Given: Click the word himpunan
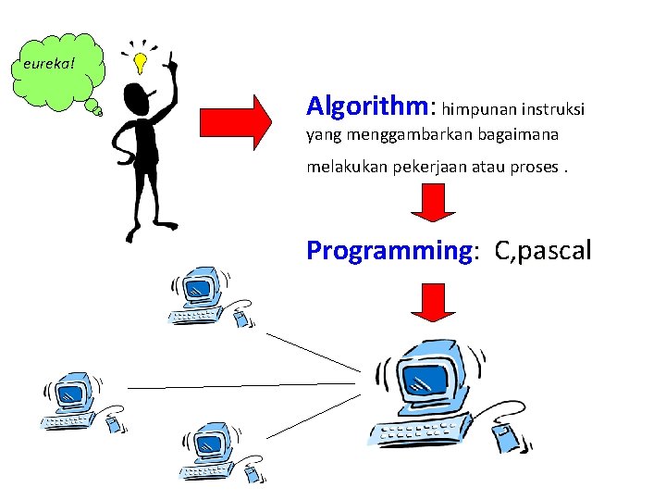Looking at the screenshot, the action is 483,109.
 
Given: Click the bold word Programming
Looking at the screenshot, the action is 389,250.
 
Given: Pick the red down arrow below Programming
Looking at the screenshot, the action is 432,303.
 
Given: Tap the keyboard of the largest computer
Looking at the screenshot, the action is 425,432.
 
